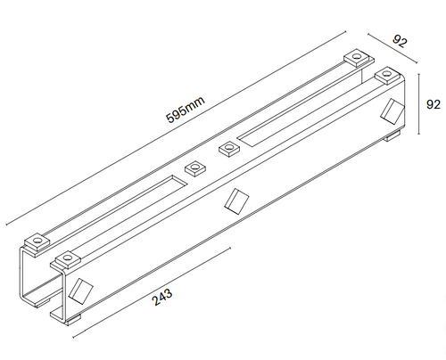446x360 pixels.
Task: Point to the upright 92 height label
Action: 434,103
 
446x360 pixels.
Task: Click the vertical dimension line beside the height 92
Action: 417,105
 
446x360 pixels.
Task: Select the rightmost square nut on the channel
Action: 386,76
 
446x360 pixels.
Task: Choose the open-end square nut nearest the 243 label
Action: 65,259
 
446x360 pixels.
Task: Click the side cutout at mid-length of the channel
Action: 235,200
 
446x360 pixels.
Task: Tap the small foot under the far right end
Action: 392,138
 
